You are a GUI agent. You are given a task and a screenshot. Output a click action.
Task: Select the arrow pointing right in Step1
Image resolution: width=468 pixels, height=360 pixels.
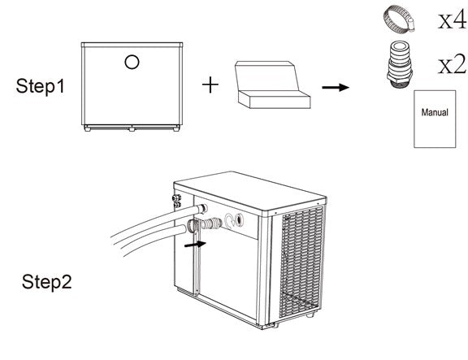(331, 86)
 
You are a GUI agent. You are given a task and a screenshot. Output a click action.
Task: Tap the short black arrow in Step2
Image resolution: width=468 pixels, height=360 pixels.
(195, 241)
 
